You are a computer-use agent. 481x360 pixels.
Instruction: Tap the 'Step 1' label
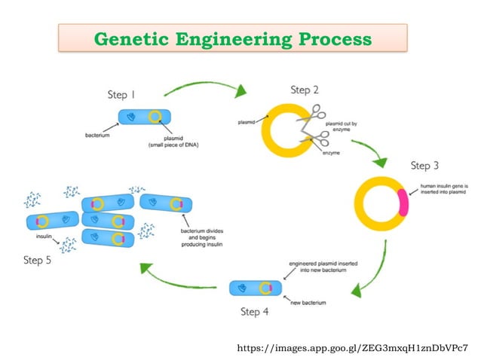point(121,96)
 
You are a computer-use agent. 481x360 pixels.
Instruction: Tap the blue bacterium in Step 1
point(143,117)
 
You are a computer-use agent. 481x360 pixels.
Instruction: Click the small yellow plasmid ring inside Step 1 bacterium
point(155,117)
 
